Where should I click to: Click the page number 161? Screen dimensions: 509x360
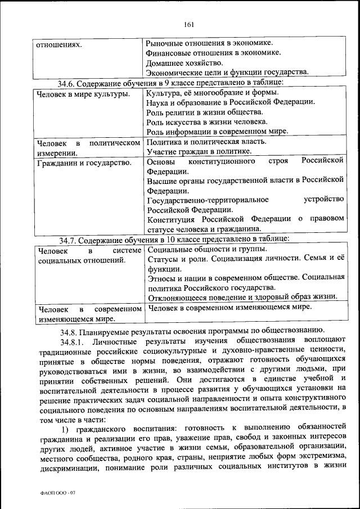(188, 24)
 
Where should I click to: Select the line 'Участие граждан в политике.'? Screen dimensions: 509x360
(199, 152)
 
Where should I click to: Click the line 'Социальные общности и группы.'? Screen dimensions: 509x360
(206, 249)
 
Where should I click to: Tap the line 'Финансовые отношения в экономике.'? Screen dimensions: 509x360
(213, 52)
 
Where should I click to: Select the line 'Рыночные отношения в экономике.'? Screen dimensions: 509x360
(209, 42)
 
